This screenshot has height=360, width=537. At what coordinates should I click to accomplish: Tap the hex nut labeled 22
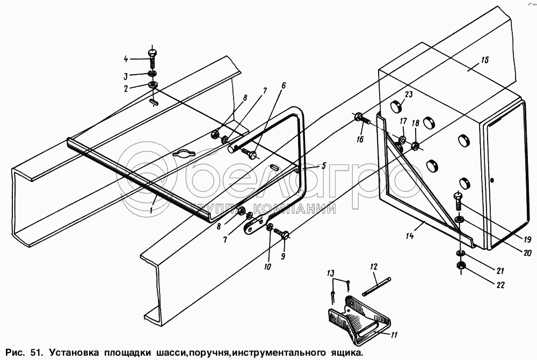pyautogui.click(x=460, y=265)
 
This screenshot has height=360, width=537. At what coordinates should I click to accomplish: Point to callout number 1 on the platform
pyautogui.click(x=152, y=211)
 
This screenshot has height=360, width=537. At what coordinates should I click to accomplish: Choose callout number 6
pyautogui.click(x=284, y=85)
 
